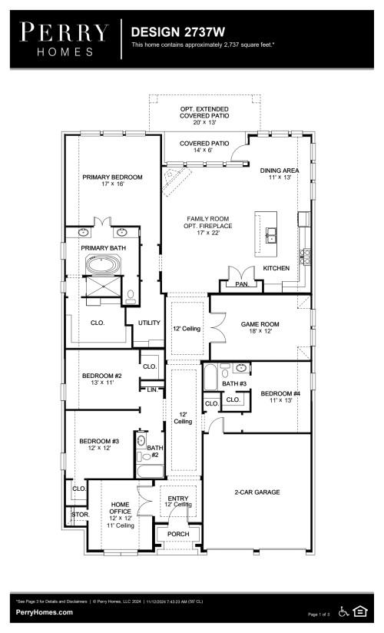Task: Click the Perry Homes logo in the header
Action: (65, 38)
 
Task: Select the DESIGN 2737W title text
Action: (179, 31)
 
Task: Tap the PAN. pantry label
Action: (241, 283)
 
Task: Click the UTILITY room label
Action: (148, 323)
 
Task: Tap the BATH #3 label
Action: (234, 383)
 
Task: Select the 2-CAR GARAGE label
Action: (257, 492)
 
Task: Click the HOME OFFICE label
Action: (121, 509)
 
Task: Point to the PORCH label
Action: (178, 534)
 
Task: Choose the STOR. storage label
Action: (79, 514)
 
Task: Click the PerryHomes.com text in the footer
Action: (45, 612)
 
